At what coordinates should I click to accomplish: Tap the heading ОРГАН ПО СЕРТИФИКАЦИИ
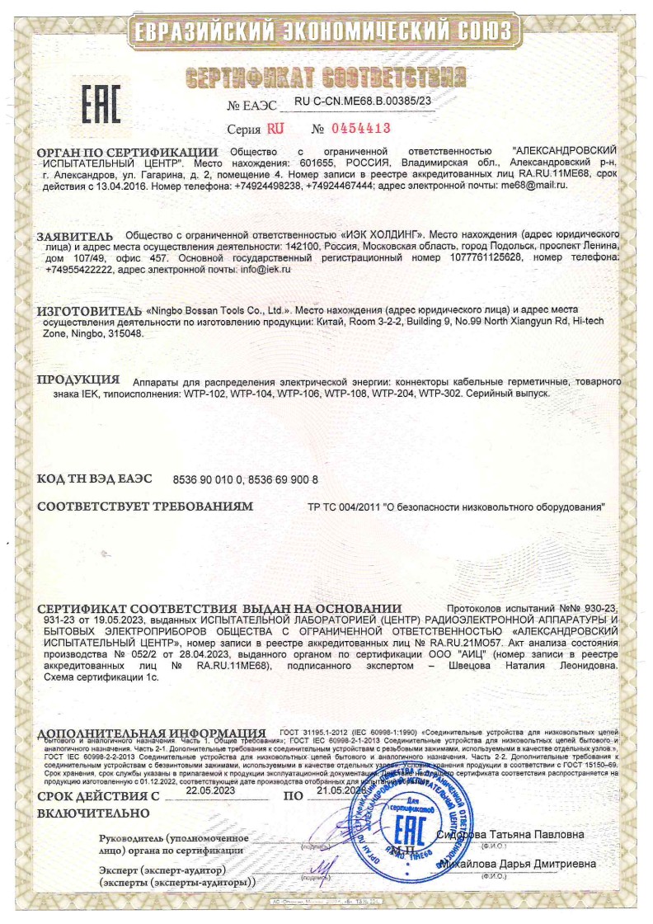coord(128,153)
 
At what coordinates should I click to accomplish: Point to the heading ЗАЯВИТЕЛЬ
coord(78,236)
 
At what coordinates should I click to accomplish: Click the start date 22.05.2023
coord(210,790)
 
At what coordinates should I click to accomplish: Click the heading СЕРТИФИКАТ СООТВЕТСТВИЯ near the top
coord(321,79)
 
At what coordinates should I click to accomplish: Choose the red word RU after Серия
coord(275,130)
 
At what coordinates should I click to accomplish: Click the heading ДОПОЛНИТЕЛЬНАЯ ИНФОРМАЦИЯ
coord(151,733)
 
